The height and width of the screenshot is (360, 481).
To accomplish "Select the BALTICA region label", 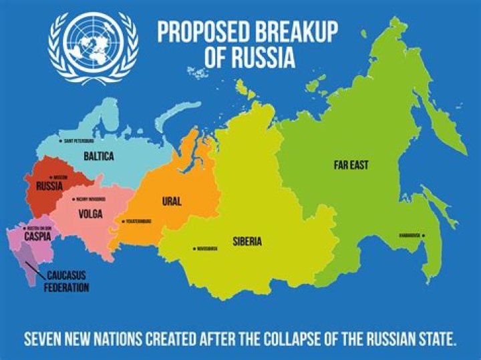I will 99,156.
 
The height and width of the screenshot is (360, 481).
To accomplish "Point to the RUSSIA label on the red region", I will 50,186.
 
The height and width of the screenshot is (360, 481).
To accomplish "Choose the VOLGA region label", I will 90,214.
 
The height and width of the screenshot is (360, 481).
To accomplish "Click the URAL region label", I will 172,200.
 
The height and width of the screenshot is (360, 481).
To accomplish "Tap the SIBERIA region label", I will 247,241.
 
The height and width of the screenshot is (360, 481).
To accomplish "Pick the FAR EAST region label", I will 351,164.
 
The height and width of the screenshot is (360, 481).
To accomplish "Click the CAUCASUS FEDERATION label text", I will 67,281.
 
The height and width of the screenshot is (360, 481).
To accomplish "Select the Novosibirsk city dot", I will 194,248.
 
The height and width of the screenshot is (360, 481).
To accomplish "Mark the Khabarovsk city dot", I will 424,235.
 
